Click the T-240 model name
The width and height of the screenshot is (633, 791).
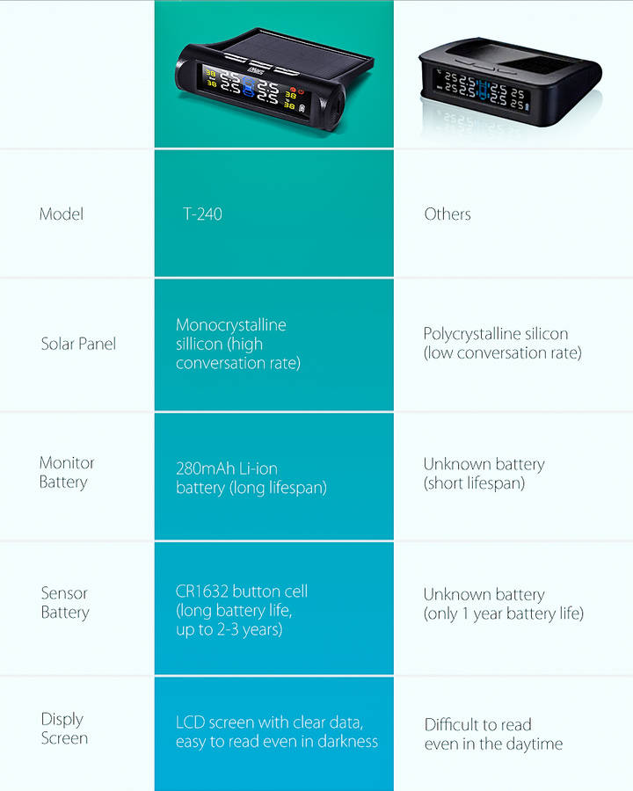[202, 214]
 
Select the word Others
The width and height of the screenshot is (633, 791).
[447, 214]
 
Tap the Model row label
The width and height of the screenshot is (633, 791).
[62, 214]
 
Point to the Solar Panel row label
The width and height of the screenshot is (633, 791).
[78, 344]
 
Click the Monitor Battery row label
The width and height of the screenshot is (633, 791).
[66, 472]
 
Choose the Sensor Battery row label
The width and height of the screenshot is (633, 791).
[65, 603]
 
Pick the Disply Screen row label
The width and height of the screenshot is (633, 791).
[63, 729]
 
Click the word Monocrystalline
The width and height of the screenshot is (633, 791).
[231, 325]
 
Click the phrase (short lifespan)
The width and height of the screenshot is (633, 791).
[474, 483]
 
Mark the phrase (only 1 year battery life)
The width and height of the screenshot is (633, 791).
[503, 613]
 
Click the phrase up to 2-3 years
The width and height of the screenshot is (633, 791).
[229, 629]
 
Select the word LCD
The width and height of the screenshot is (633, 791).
[191, 722]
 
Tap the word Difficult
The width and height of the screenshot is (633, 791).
[454, 725]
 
